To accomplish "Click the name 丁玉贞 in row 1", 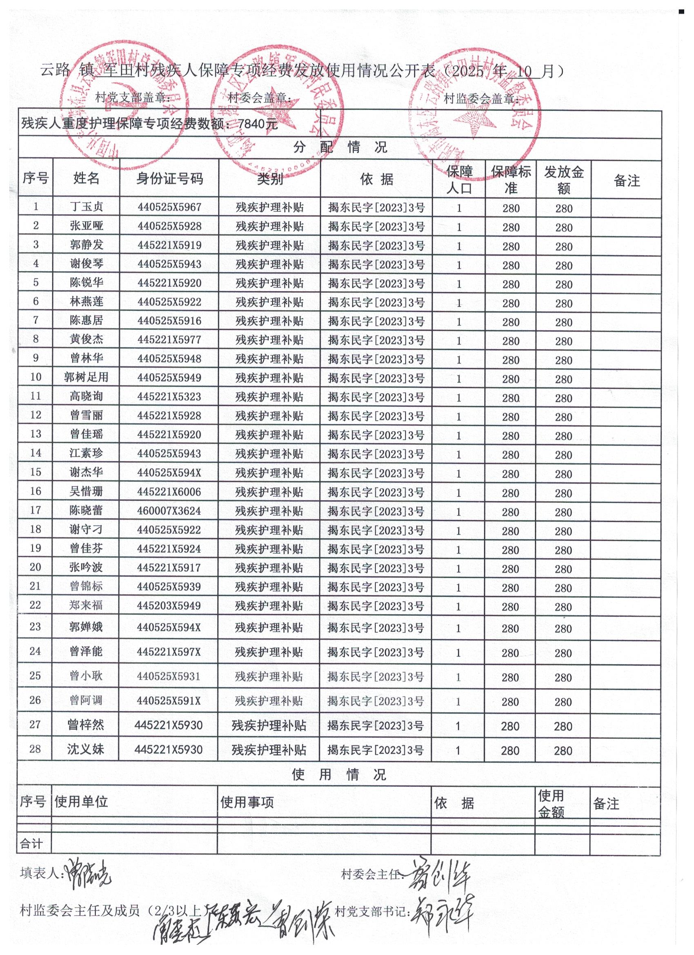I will (x=86, y=207).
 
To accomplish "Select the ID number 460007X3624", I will (x=169, y=511).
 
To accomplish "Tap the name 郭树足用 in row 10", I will (x=86, y=377).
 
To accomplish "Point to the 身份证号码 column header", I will (x=169, y=179).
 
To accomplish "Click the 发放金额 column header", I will (x=563, y=180).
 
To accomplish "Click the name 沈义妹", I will (x=85, y=749).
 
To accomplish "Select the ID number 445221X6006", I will (x=169, y=492).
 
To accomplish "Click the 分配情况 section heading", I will (x=340, y=147).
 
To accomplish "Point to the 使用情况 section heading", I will (x=339, y=774).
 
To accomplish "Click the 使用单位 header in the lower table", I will (x=81, y=802).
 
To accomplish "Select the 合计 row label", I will (x=31, y=844).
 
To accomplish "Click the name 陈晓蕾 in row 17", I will (x=86, y=510).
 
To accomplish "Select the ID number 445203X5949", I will (x=169, y=605).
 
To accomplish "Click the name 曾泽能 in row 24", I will (x=86, y=652).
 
